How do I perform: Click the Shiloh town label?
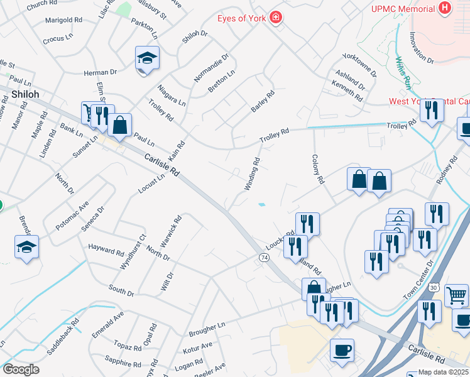[25, 94]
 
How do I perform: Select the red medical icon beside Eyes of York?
[275, 17]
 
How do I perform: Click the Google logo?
[21, 369]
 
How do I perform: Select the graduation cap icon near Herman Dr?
[147, 58]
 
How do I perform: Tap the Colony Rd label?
[317, 169]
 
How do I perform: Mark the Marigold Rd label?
[63, 20]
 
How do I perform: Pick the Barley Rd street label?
[263, 102]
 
